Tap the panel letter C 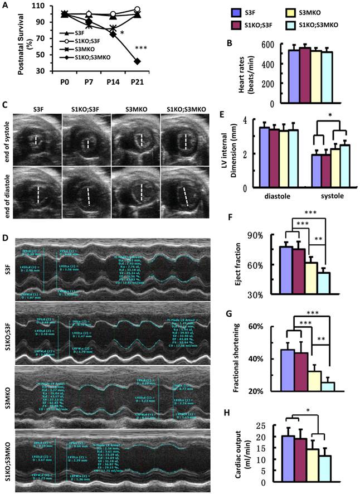[x=5, y=105]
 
